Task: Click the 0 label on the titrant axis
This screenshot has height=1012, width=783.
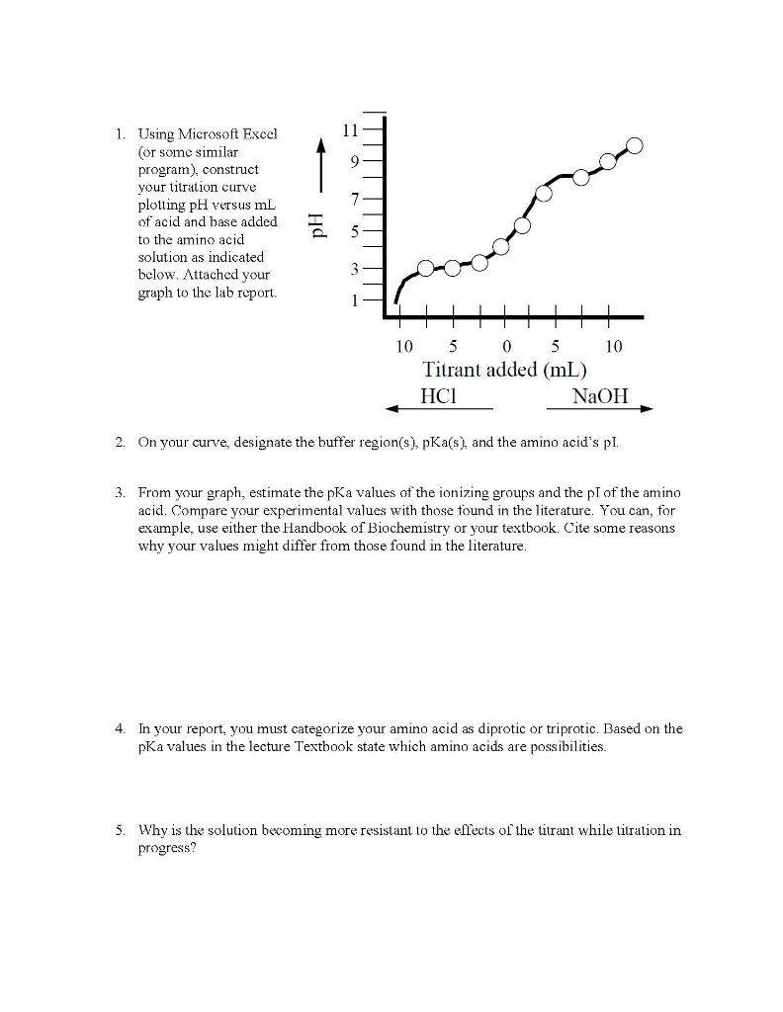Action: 506,347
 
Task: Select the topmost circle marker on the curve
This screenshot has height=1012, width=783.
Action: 634,146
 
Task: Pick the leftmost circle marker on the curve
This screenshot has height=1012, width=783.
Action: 425,268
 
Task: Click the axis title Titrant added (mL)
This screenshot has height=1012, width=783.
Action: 505,371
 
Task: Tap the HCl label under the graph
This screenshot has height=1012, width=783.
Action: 436,396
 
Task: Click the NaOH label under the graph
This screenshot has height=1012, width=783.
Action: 599,396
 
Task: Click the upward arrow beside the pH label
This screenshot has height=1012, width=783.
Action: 318,148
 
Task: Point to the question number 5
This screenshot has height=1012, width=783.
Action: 118,830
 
